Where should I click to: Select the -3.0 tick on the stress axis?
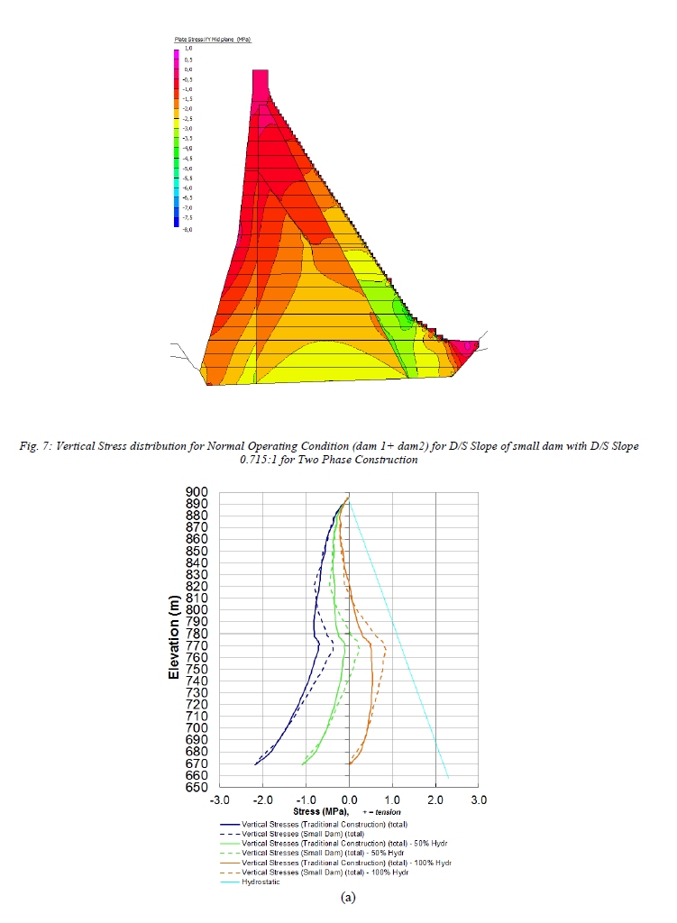click(220, 800)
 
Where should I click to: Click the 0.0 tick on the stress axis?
click(350, 800)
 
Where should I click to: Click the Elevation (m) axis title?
click(174, 635)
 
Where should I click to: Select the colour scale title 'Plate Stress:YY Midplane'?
click(212, 41)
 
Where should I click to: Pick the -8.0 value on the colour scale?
click(188, 229)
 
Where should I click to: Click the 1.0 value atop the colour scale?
click(188, 49)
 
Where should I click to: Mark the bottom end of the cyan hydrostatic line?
click(448, 776)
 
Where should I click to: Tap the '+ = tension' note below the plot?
click(379, 811)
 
